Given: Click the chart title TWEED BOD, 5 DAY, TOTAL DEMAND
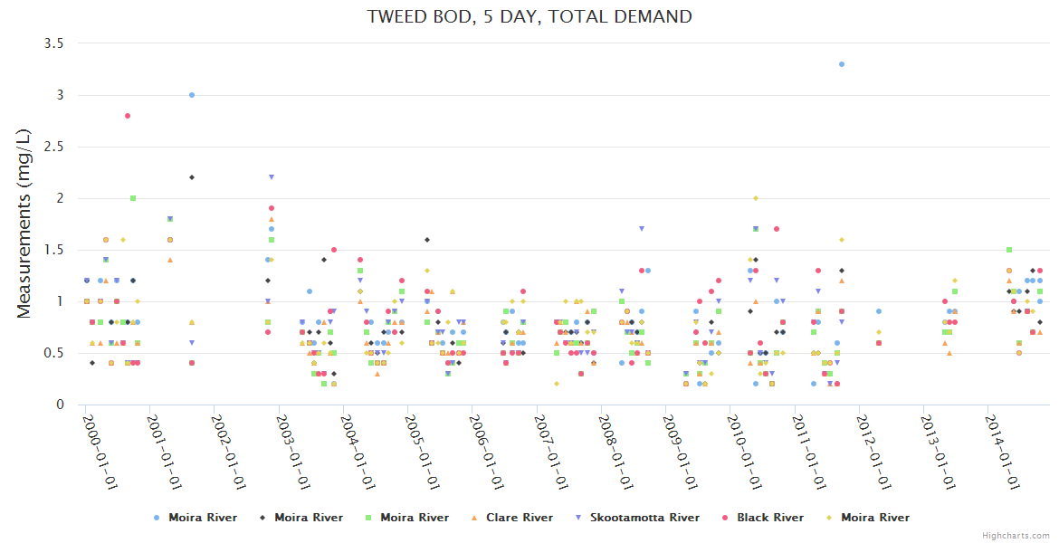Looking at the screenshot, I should (529, 16).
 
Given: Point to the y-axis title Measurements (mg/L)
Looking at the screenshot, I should (24, 223).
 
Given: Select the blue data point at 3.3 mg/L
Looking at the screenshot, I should (841, 64).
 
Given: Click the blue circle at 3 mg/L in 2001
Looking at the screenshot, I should (192, 95).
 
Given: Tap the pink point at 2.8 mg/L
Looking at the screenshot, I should (128, 116).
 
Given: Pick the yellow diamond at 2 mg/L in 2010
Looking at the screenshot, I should (756, 198).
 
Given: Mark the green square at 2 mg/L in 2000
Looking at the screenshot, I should (133, 198).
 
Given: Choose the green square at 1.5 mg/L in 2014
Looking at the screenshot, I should (1008, 250).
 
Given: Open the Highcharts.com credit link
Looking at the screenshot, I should (1016, 536).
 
